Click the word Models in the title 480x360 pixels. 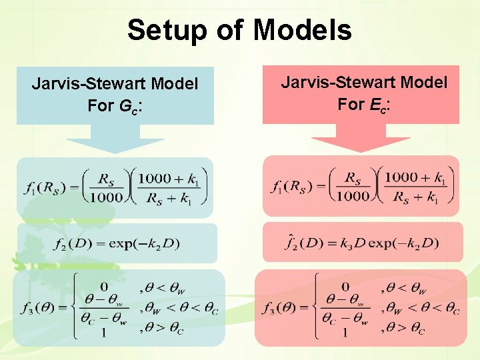[303, 30]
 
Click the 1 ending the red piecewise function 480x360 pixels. [345, 332]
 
